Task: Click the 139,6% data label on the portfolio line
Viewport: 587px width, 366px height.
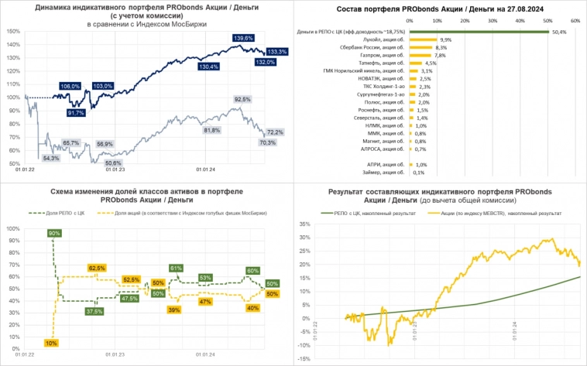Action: coord(243,38)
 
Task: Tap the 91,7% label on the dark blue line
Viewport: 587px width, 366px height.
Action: coord(76,113)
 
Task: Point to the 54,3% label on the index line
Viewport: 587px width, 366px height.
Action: coord(51,158)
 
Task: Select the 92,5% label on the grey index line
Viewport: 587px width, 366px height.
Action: coord(242,100)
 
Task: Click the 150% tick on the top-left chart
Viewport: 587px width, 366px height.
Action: coord(12,31)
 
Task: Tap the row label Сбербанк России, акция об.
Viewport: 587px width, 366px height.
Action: coord(377,47)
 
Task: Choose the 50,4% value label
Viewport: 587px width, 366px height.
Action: coord(559,32)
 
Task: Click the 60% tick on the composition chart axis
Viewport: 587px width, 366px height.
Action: coord(575,21)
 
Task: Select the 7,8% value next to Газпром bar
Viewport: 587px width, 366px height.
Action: coord(441,56)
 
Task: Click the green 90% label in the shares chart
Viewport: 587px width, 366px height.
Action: coord(54,233)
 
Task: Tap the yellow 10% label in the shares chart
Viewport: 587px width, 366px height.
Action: coord(51,343)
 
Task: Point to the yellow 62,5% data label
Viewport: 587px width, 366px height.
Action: coord(98,269)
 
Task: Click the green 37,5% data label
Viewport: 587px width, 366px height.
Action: coord(95,311)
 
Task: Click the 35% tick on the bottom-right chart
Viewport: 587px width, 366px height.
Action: coord(306,224)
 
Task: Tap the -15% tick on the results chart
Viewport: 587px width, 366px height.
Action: coord(305,359)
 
